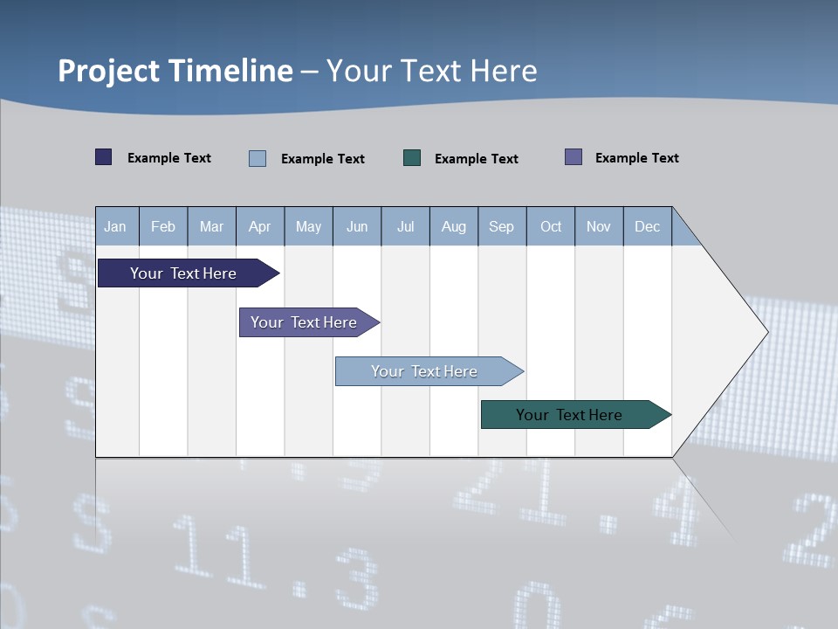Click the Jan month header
point(115,227)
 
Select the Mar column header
point(211,227)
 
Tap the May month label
point(308,227)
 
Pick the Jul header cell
point(405,227)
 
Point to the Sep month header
point(501,227)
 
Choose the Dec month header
point(647,227)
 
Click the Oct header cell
point(551,227)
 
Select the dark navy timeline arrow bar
point(183,273)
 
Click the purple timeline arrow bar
point(304,322)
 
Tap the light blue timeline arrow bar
point(424,371)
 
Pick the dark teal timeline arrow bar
point(569,415)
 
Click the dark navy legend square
point(104,157)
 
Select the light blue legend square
point(258,158)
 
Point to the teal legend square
point(412,158)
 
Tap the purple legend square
point(574,157)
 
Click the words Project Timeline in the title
point(175,71)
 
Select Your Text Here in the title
point(431,71)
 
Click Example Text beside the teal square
point(477,159)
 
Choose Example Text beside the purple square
point(637,158)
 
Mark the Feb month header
point(163,227)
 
